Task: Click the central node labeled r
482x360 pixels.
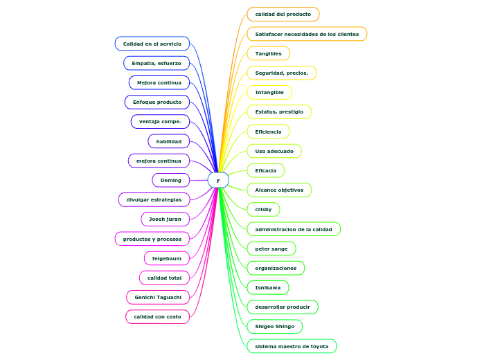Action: pos(218,180)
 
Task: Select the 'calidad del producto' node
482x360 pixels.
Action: pos(283,14)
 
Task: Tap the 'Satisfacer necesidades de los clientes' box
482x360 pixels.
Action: pos(307,34)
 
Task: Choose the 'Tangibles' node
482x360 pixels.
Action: pos(269,53)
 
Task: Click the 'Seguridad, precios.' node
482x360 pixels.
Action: pos(282,73)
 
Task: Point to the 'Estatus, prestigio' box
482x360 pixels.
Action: pos(279,111)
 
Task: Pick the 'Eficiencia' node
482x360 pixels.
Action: pos(269,131)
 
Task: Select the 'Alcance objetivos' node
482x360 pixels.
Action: pos(279,190)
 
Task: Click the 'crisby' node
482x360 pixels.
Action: pos(263,209)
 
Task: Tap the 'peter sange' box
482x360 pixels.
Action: pos(271,248)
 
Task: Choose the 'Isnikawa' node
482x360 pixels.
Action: pos(268,287)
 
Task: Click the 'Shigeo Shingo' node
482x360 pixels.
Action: pos(275,326)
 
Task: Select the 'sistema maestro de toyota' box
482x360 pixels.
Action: pos(292,345)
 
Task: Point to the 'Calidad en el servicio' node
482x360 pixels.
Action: pos(152,44)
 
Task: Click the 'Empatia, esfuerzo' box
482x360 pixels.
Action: pos(157,63)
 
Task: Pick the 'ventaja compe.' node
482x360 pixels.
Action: pos(160,121)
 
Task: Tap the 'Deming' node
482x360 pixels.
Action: pos(170,180)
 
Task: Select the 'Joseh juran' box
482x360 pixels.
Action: pos(165,219)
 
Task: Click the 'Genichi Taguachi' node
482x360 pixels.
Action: pos(158,297)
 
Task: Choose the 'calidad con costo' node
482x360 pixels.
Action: pos(157,316)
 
